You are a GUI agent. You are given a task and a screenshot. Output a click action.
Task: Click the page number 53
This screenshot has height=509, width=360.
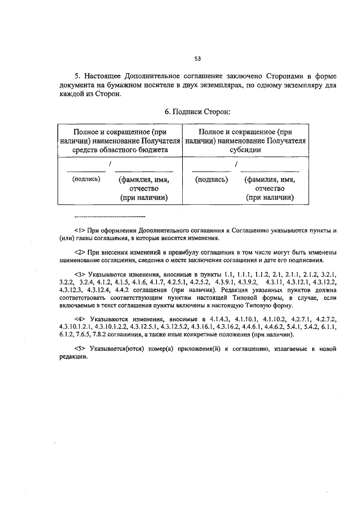pos(197,58)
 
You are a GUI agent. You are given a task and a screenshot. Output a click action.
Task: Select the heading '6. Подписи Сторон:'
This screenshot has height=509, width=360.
pos(195,112)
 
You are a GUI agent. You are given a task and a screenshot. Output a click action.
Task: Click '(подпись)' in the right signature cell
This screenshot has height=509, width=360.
pos(211,179)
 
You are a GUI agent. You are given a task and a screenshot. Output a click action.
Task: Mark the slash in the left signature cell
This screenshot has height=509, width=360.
pos(110,164)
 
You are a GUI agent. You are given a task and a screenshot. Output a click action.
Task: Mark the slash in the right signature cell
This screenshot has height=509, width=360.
pos(236,164)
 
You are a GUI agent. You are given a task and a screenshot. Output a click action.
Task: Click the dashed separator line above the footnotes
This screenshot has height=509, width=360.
pos(110,217)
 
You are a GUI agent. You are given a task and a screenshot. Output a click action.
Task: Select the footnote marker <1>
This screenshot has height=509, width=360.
pos(79,231)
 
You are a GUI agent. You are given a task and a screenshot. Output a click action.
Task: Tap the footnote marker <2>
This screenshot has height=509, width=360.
pos(79,252)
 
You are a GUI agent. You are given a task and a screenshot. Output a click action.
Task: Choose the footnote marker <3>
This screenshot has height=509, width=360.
pos(79,274)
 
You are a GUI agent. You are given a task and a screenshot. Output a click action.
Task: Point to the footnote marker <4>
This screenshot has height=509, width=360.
pos(79,319)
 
